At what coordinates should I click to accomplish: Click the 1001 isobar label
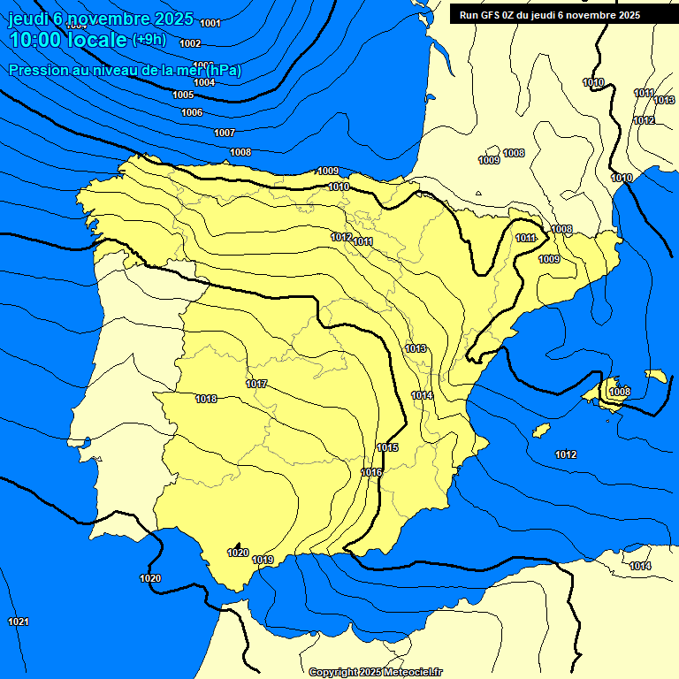click(210, 23)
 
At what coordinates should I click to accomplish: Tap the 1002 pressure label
click(189, 42)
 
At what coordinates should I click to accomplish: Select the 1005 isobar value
click(183, 95)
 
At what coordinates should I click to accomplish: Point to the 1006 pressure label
click(192, 112)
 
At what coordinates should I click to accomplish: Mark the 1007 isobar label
click(225, 133)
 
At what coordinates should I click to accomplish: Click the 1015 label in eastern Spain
click(387, 447)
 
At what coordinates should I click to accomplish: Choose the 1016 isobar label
click(371, 472)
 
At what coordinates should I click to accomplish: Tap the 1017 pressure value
click(257, 384)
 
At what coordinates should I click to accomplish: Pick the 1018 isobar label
click(206, 399)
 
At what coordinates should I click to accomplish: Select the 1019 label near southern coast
click(263, 560)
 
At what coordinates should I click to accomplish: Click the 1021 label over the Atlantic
click(19, 622)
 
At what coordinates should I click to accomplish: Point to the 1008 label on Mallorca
click(620, 392)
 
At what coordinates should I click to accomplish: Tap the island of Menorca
click(656, 376)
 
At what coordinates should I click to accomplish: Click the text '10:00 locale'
click(68, 40)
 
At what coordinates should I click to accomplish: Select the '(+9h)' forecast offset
click(149, 39)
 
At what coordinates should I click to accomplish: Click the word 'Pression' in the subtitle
click(35, 70)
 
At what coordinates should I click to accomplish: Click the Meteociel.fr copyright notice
click(376, 672)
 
